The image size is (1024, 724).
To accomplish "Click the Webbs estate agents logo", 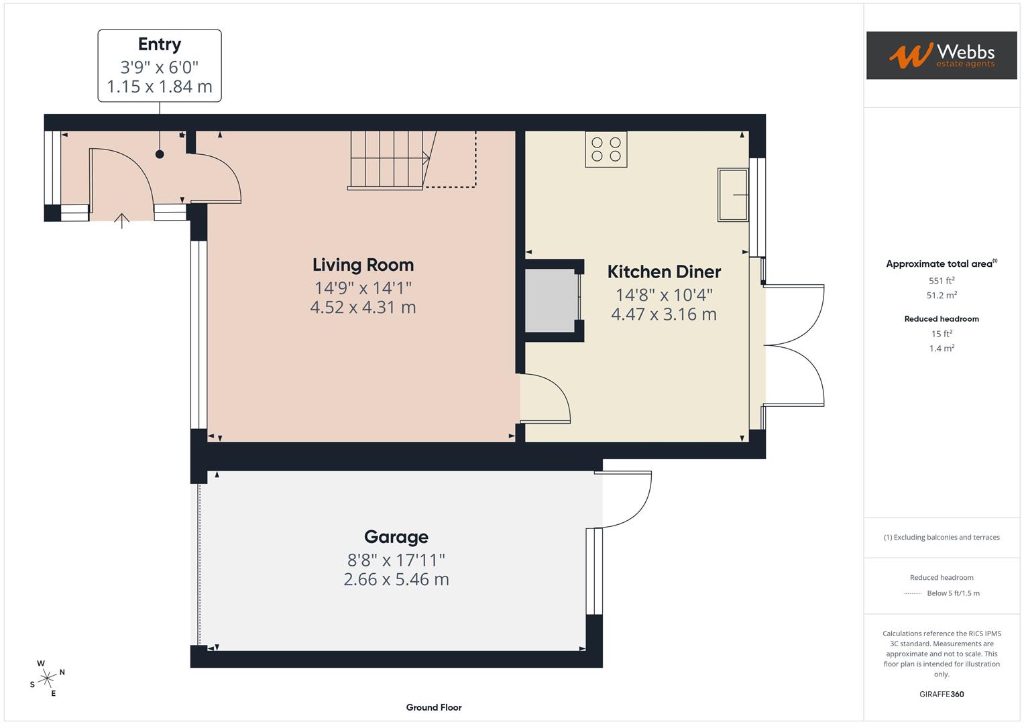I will click(x=941, y=56).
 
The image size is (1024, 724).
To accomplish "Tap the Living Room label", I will click(x=363, y=265).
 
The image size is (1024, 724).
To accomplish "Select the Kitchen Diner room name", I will click(x=664, y=271).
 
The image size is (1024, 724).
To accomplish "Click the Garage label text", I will click(x=396, y=537).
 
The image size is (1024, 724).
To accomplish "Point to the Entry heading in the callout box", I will click(x=160, y=44).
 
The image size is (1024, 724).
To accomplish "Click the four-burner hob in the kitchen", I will click(x=606, y=149).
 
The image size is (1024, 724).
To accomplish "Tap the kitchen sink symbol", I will click(x=733, y=194).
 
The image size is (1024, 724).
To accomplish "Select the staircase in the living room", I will click(x=389, y=160).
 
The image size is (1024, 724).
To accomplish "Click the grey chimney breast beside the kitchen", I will click(x=550, y=300).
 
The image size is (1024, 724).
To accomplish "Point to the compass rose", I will click(x=47, y=678).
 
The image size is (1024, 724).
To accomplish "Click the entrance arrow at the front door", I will click(x=121, y=221).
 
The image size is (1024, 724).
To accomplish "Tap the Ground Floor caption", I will click(x=433, y=707).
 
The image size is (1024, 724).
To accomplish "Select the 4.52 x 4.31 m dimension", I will click(x=363, y=308).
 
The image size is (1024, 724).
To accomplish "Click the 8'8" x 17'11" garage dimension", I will click(x=396, y=560).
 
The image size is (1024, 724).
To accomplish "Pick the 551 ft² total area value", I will click(x=942, y=281).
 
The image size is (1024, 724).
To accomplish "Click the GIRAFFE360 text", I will click(x=942, y=694).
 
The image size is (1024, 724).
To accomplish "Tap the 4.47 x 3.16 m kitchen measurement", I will click(x=664, y=314).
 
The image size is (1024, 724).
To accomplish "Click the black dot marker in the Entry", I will click(x=160, y=154).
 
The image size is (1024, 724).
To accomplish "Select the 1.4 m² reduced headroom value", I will click(x=942, y=349).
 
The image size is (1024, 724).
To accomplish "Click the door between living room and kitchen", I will click(x=545, y=399).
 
